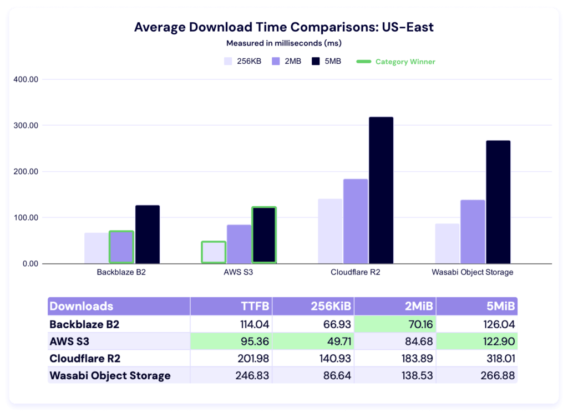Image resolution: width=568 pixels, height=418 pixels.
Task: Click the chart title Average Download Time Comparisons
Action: click(x=283, y=27)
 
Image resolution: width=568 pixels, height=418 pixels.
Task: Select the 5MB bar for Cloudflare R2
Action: click(x=381, y=190)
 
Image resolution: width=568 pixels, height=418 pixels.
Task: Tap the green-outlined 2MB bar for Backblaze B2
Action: click(x=121, y=247)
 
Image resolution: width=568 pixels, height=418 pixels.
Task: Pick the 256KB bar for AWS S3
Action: click(x=214, y=252)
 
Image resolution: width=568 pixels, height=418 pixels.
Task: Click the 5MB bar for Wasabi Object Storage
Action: click(x=498, y=202)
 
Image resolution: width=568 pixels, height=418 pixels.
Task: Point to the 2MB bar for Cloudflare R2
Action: click(x=356, y=221)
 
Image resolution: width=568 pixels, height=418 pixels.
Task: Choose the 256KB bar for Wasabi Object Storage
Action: click(x=447, y=243)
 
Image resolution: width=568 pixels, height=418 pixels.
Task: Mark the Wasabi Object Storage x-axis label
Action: click(x=472, y=272)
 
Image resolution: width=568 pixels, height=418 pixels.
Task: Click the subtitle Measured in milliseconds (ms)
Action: click(x=283, y=43)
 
